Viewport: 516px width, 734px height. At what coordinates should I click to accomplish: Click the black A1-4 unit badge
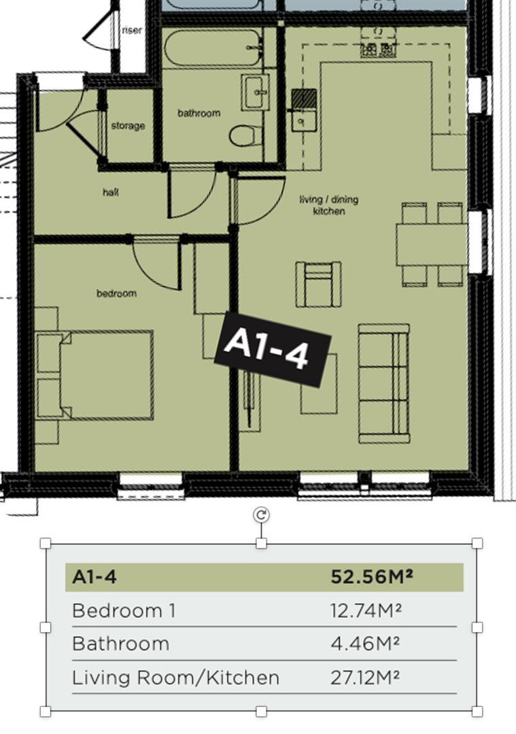273,349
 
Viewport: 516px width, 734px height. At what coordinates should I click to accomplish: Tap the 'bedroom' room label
116,294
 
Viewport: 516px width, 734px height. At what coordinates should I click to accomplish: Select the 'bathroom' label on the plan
199,113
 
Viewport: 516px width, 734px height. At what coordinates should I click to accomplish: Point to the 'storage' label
128,126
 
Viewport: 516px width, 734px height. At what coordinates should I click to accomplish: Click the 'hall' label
111,192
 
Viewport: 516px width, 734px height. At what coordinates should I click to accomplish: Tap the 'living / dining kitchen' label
329,205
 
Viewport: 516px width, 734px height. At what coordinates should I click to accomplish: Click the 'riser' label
132,30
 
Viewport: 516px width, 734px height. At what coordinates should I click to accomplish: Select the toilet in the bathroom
245,135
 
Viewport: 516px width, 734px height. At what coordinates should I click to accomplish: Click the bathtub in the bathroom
212,47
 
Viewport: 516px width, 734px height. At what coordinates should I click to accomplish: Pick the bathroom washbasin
256,92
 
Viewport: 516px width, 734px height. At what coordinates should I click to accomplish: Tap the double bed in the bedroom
95,375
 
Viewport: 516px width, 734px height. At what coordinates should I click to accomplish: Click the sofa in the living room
384,383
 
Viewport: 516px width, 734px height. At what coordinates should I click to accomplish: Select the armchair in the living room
318,284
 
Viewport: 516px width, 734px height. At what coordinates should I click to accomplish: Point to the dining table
432,245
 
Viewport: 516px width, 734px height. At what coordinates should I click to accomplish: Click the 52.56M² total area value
372,576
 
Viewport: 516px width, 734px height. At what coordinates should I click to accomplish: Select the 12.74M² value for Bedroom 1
366,610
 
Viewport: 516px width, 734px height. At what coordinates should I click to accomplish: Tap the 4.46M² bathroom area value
365,644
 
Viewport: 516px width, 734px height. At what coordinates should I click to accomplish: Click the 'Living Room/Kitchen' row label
175,678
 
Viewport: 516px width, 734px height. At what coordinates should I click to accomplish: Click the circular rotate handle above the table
261,515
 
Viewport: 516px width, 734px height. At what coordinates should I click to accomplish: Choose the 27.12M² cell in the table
365,678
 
